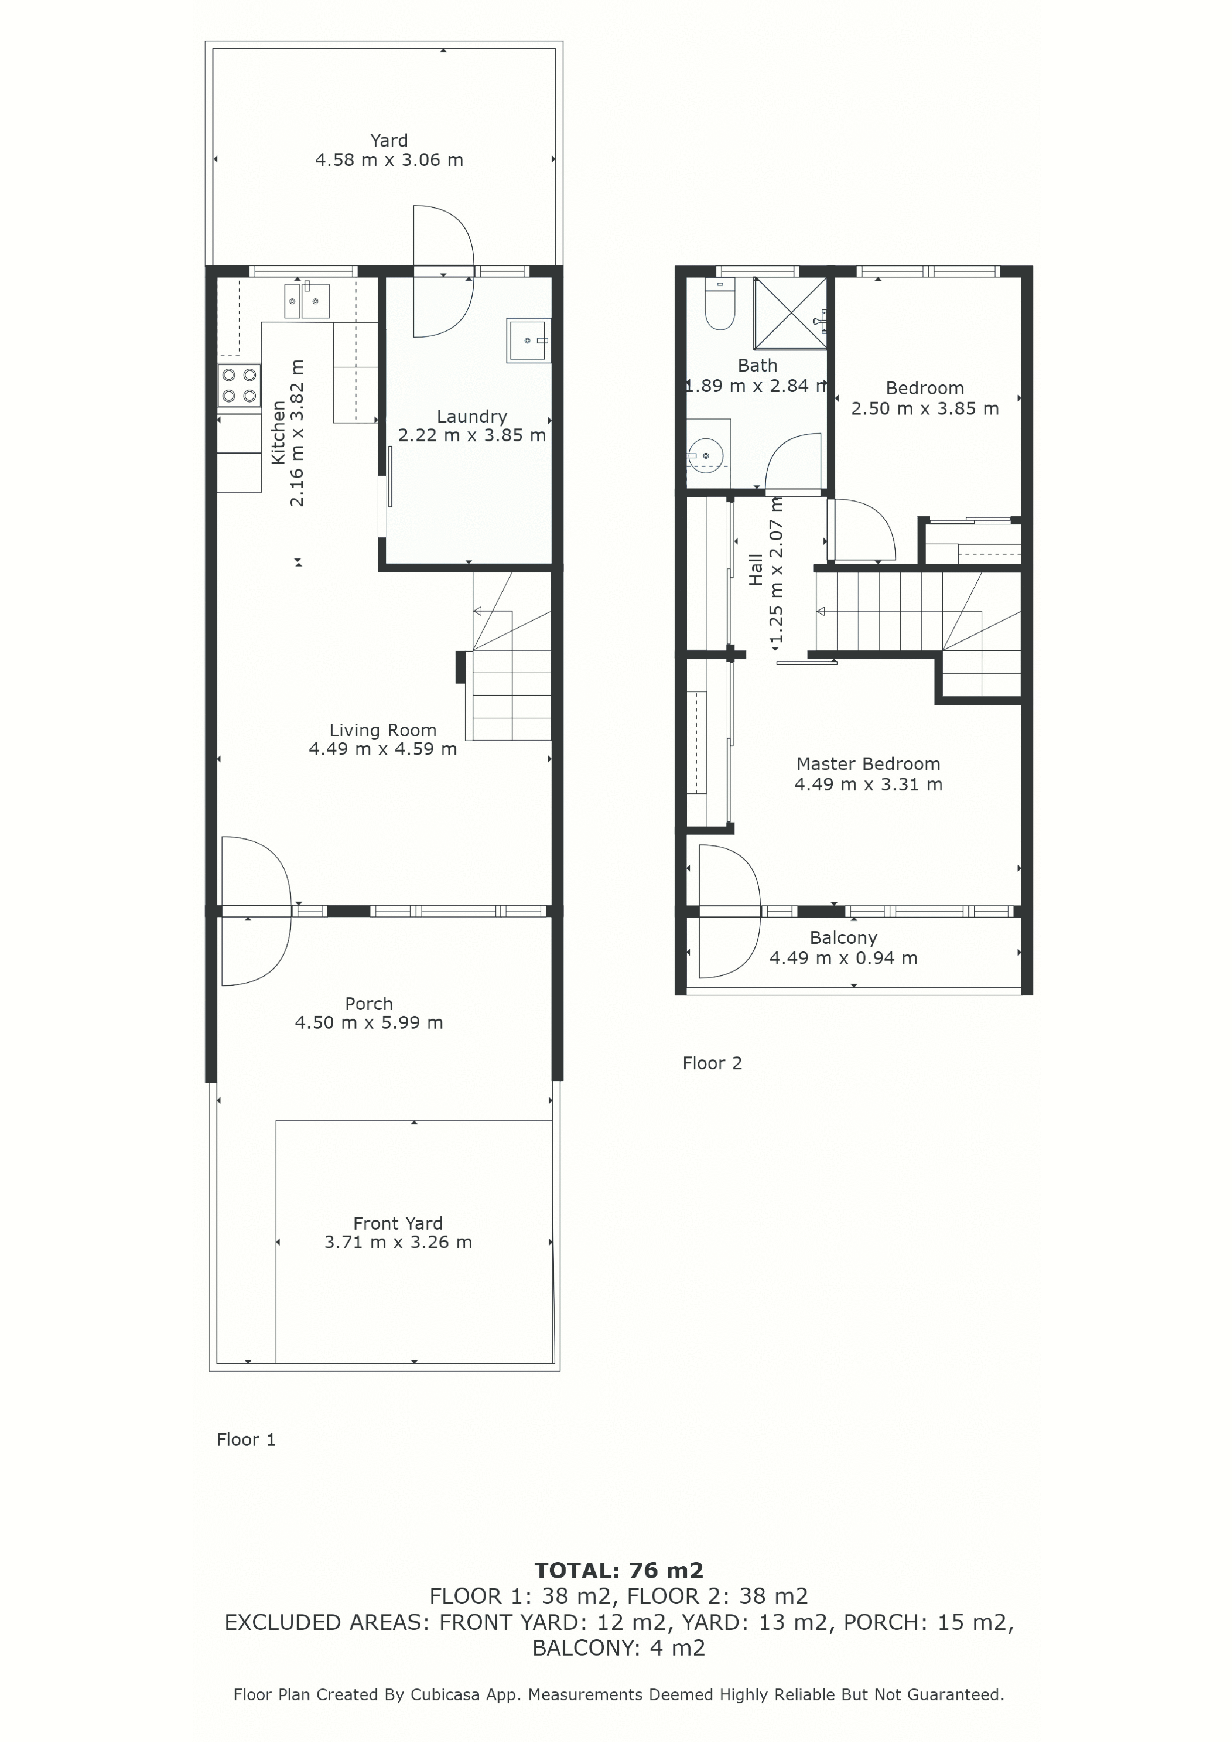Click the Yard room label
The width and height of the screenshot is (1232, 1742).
click(389, 140)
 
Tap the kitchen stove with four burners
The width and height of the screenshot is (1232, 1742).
click(239, 385)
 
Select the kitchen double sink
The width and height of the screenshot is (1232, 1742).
click(307, 300)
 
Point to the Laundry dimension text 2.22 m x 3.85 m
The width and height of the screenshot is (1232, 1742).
click(472, 435)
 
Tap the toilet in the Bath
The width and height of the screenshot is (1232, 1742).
click(719, 303)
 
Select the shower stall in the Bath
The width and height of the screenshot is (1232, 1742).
click(790, 313)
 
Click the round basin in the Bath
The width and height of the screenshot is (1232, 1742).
click(706, 455)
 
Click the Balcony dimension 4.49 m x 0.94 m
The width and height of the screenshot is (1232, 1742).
click(843, 958)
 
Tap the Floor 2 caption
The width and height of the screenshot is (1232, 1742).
click(712, 1063)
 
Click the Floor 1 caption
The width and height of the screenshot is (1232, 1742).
click(246, 1439)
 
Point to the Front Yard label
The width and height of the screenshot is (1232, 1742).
click(398, 1223)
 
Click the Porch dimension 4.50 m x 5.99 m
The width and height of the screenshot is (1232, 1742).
click(369, 1023)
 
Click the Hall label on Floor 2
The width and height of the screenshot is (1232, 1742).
click(755, 569)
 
